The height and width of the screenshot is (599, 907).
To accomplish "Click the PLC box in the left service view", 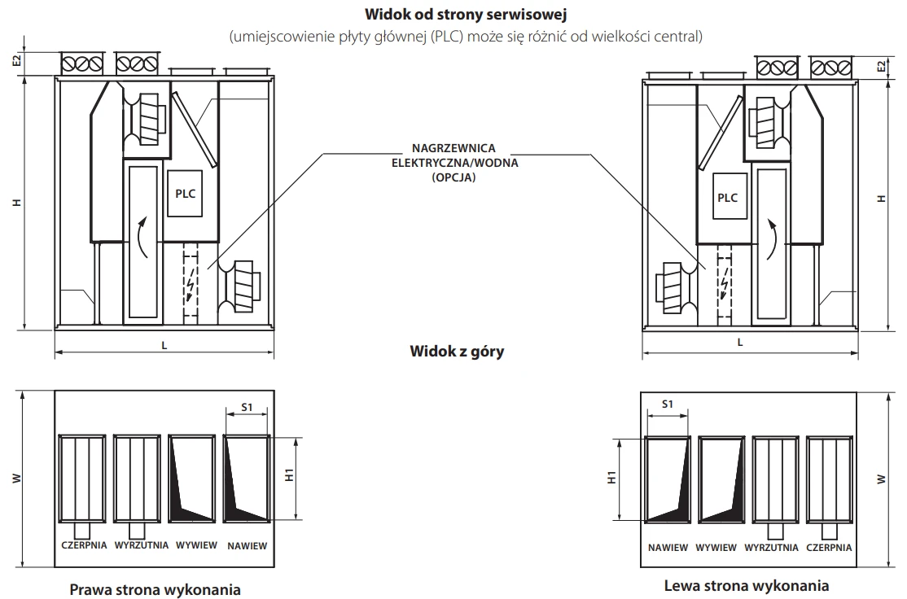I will click(x=186, y=195).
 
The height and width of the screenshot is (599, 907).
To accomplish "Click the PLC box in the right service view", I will click(x=727, y=198).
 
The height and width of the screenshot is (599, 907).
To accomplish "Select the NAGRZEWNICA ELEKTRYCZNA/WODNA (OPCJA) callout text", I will click(x=453, y=163).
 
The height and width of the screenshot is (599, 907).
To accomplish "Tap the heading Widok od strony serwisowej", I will click(x=453, y=15).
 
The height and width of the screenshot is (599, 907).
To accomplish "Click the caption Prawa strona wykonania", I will click(x=155, y=588).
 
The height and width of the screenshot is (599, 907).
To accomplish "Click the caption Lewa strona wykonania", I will click(x=746, y=585).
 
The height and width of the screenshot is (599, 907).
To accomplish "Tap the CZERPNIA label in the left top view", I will click(x=84, y=545).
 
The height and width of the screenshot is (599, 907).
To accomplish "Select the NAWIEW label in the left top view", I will click(x=247, y=545).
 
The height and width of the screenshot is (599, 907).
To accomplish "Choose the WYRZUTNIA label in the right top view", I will click(x=771, y=548).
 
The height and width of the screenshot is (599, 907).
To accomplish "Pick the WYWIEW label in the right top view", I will click(x=716, y=548).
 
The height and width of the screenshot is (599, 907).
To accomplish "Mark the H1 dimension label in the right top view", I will click(x=612, y=479).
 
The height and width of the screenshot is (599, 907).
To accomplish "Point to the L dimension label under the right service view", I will click(x=739, y=343).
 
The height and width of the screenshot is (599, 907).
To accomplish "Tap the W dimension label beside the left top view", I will click(x=17, y=479).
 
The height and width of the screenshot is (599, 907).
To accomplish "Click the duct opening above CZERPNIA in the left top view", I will click(x=84, y=479).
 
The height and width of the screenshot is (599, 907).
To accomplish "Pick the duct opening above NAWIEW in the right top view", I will click(x=667, y=479).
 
